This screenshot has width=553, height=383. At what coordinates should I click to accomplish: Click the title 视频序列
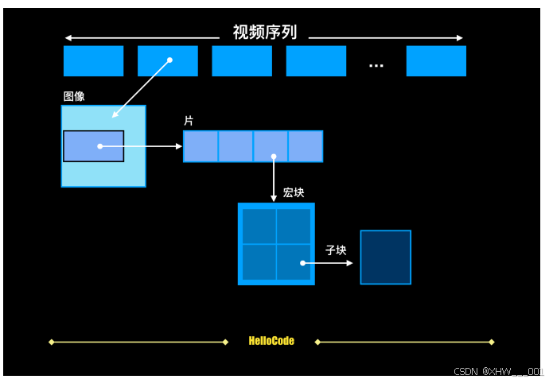tap(264, 33)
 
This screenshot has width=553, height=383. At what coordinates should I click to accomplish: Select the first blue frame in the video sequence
tap(93, 61)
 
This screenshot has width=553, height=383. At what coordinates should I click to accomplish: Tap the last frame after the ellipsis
tap(436, 61)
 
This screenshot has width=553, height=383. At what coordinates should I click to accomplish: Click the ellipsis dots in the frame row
tap(376, 65)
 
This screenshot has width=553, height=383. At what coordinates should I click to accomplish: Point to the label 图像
tap(74, 96)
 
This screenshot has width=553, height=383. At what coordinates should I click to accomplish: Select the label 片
tap(189, 121)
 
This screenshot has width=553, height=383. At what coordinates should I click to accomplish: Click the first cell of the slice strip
tap(201, 147)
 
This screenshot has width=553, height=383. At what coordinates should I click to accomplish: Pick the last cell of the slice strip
tap(306, 147)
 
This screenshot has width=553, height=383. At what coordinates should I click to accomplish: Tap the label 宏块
tap(294, 193)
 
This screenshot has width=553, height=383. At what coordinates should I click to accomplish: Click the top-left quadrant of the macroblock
tap(259, 226)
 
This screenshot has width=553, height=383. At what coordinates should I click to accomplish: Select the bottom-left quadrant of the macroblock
tap(259, 261)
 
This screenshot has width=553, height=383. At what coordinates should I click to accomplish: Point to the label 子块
tap(336, 250)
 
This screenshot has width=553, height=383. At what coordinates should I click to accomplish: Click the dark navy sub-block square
tap(386, 257)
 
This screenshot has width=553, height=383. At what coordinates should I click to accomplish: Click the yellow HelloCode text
tap(271, 341)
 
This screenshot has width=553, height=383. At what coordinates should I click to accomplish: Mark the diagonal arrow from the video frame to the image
tap(141, 87)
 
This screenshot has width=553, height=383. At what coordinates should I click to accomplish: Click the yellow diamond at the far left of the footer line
tap(52, 342)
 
